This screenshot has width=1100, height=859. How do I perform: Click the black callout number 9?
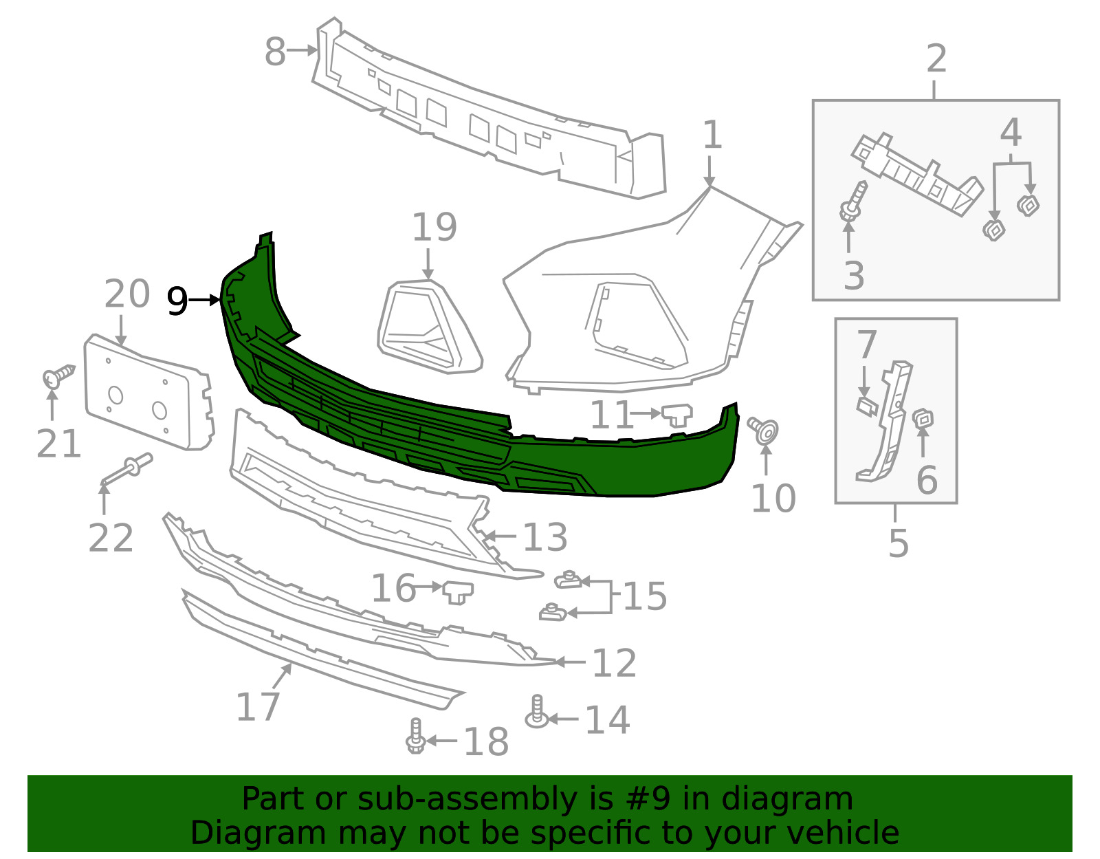coord(177,301)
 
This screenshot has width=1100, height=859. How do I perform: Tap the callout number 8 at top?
coord(275,52)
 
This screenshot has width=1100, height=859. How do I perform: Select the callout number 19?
coord(434,228)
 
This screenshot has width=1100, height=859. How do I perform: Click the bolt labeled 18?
coord(415,737)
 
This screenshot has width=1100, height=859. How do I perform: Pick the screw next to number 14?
coord(537,712)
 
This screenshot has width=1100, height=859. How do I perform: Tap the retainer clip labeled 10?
coord(764,430)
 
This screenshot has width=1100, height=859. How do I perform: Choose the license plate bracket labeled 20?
coord(147,392)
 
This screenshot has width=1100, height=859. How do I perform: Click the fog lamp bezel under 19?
coord(429,327)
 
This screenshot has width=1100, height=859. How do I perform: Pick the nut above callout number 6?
coord(923,418)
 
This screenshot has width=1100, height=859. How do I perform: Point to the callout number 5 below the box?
coord(898,543)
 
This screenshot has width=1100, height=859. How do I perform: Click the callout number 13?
coord(544,537)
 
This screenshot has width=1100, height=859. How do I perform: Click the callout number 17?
coord(258,706)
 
